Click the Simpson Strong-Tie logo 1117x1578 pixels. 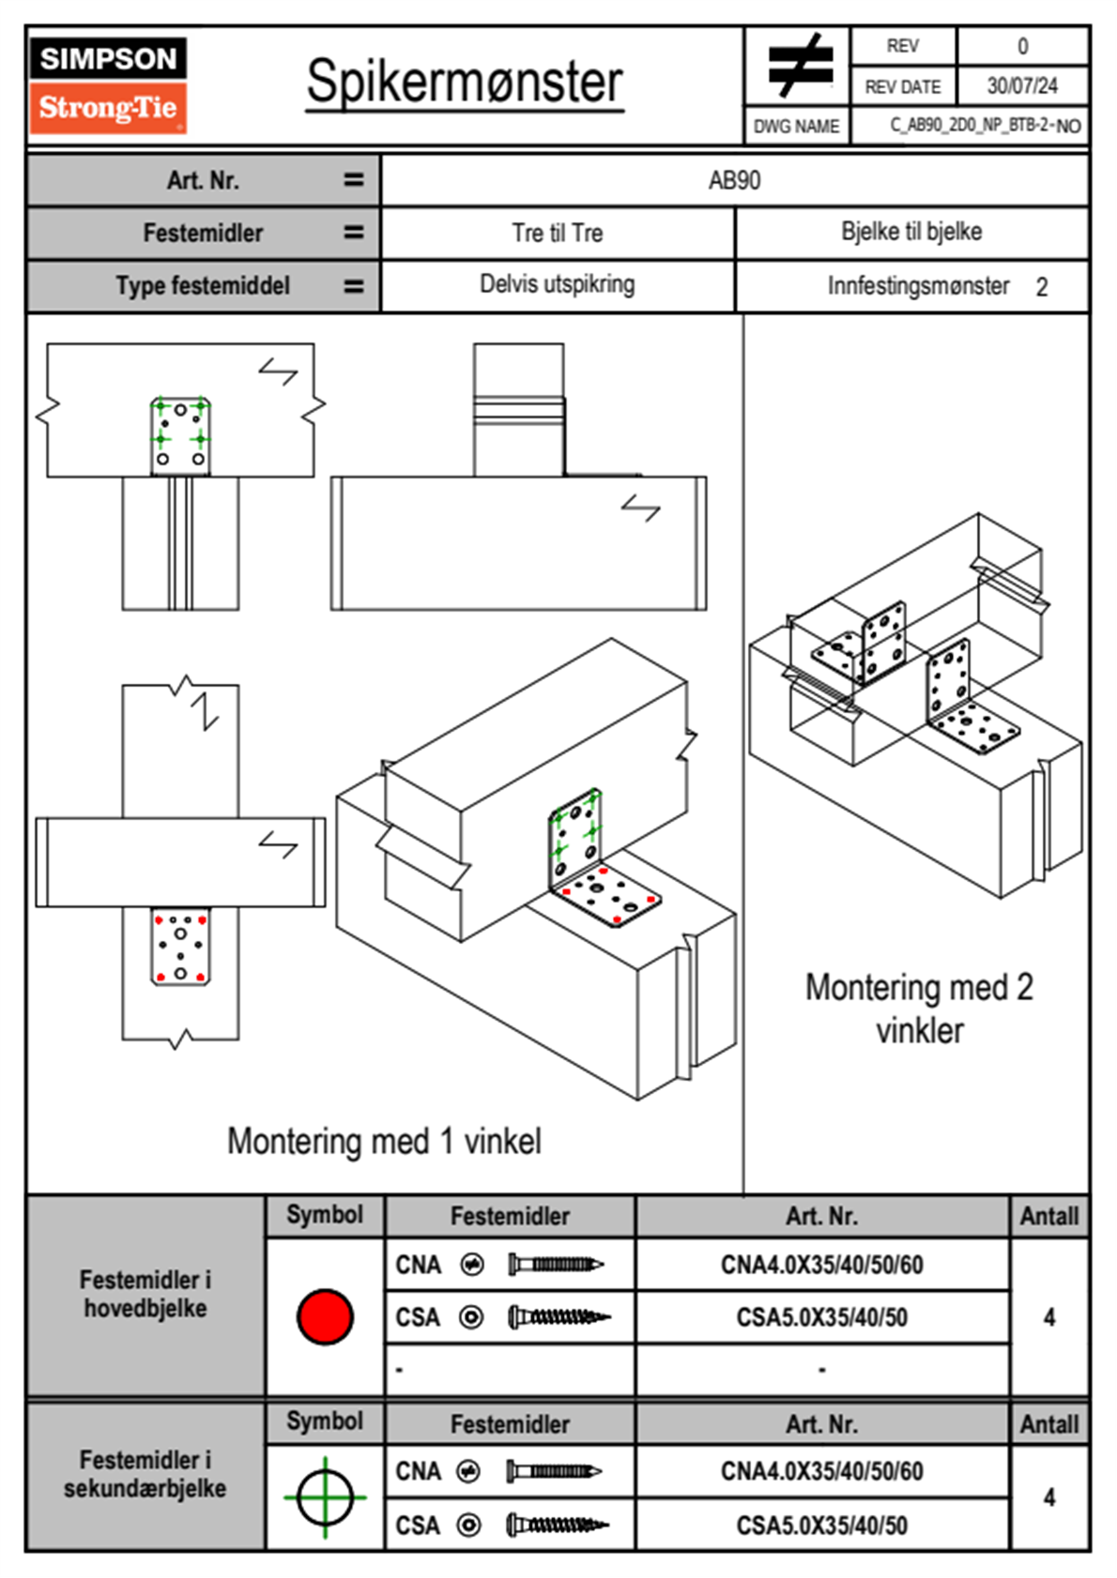pyautogui.click(x=108, y=84)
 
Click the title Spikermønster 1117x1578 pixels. pyautogui.click(x=464, y=82)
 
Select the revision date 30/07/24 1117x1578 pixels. pyautogui.click(x=1021, y=86)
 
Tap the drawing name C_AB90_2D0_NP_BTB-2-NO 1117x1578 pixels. pyautogui.click(x=985, y=125)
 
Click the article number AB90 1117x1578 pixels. pyautogui.click(x=734, y=180)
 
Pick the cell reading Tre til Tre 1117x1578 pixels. pyautogui.click(x=557, y=233)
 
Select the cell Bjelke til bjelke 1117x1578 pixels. pyautogui.click(x=911, y=232)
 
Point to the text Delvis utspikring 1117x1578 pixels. pyautogui.click(x=557, y=284)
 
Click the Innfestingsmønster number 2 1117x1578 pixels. pyautogui.click(x=1041, y=287)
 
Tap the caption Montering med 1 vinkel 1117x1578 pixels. pyautogui.click(x=384, y=1141)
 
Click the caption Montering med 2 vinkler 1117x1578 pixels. pyautogui.click(x=919, y=1009)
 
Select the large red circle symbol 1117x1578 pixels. pyautogui.click(x=325, y=1316)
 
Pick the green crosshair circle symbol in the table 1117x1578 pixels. pyautogui.click(x=325, y=1497)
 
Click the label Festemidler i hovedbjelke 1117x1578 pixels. pyautogui.click(x=145, y=1294)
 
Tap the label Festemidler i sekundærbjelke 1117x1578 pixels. pyautogui.click(x=145, y=1474)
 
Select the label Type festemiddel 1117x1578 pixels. pyautogui.click(x=203, y=286)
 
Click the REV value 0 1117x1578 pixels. pyautogui.click(x=1022, y=46)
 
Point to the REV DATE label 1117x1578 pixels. pyautogui.click(x=902, y=87)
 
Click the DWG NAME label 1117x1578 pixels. pyautogui.click(x=796, y=127)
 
